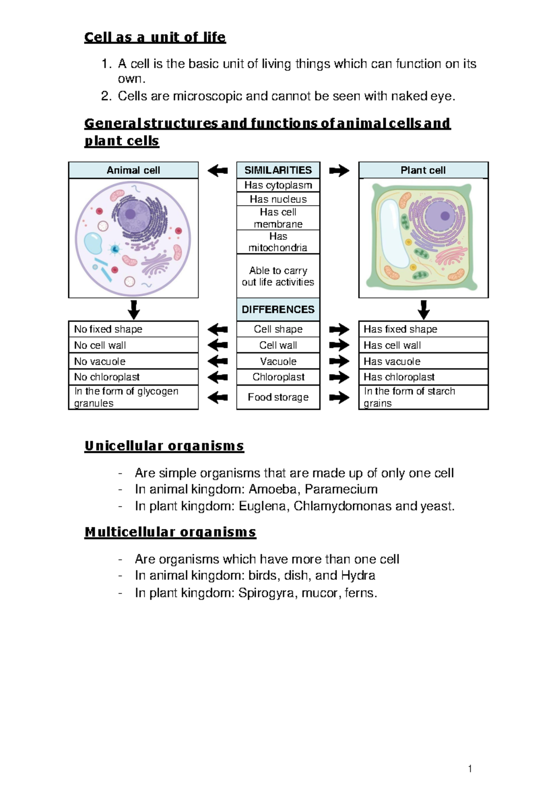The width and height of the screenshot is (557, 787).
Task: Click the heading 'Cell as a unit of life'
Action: click(x=155, y=37)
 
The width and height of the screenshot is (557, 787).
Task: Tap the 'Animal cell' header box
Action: click(x=133, y=170)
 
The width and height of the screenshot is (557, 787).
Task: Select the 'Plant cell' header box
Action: click(x=423, y=170)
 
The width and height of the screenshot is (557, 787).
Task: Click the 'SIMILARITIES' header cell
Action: click(x=278, y=170)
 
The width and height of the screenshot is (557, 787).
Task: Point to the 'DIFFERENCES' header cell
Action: click(x=278, y=310)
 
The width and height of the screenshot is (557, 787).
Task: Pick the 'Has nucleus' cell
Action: click(x=278, y=199)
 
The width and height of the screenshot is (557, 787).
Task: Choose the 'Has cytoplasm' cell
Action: click(x=278, y=185)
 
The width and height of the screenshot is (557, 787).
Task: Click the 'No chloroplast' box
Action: click(x=133, y=377)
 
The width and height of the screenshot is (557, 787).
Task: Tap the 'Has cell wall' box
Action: click(x=423, y=345)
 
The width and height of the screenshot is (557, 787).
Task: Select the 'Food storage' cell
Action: click(x=278, y=397)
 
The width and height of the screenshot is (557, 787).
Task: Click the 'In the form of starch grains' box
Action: click(x=423, y=397)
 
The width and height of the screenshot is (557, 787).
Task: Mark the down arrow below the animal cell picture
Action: click(x=134, y=310)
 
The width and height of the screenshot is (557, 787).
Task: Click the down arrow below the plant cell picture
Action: click(x=423, y=310)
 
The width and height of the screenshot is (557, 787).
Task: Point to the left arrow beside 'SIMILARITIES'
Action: click(x=217, y=171)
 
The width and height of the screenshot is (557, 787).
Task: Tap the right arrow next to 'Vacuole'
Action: click(x=339, y=361)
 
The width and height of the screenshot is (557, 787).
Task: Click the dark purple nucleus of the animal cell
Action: click(x=130, y=214)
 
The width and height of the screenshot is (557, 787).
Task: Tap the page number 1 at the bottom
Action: click(x=470, y=769)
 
